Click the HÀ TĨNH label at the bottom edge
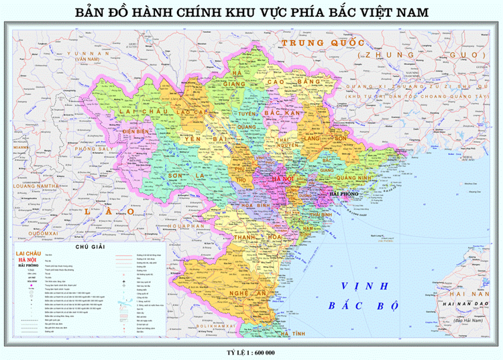[294, 333]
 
